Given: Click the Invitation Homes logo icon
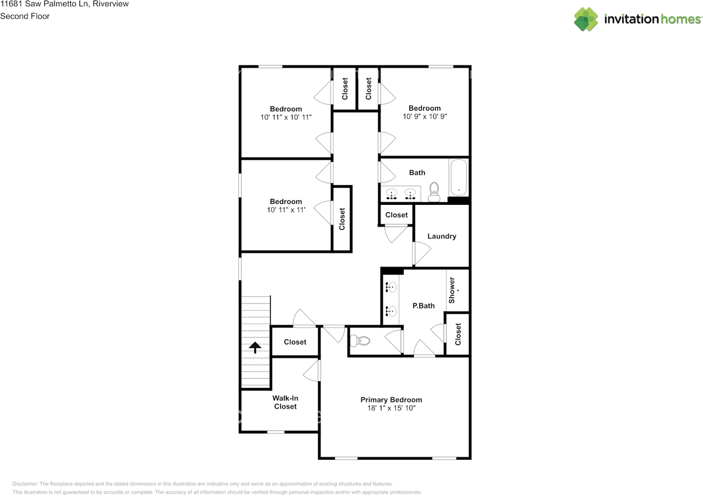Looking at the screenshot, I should [x=586, y=19].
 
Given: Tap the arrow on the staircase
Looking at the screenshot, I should [x=254, y=347].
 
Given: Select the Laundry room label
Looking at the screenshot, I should [x=442, y=236].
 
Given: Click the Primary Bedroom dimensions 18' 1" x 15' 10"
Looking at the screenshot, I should [x=391, y=408].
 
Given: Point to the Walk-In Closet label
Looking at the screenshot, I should [x=285, y=402].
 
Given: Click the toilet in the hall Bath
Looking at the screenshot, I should [x=434, y=192].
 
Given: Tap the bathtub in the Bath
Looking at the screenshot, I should [x=459, y=177].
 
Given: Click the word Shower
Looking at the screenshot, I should [x=452, y=290].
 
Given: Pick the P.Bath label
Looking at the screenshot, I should [x=423, y=305].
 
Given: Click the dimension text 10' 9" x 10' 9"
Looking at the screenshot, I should [x=424, y=116].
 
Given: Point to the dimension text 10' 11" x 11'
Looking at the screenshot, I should [x=286, y=210].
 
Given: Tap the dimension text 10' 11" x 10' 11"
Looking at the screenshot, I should [x=286, y=117].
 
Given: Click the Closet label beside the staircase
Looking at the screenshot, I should [x=295, y=342].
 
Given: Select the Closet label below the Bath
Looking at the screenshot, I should [x=397, y=215].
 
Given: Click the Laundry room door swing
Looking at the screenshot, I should [x=421, y=254].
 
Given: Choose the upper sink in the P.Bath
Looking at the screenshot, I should [x=391, y=287].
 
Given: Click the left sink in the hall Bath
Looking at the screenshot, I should [x=392, y=194].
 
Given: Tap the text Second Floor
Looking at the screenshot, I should [x=25, y=16].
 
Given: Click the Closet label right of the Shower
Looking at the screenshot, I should [x=458, y=333].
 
